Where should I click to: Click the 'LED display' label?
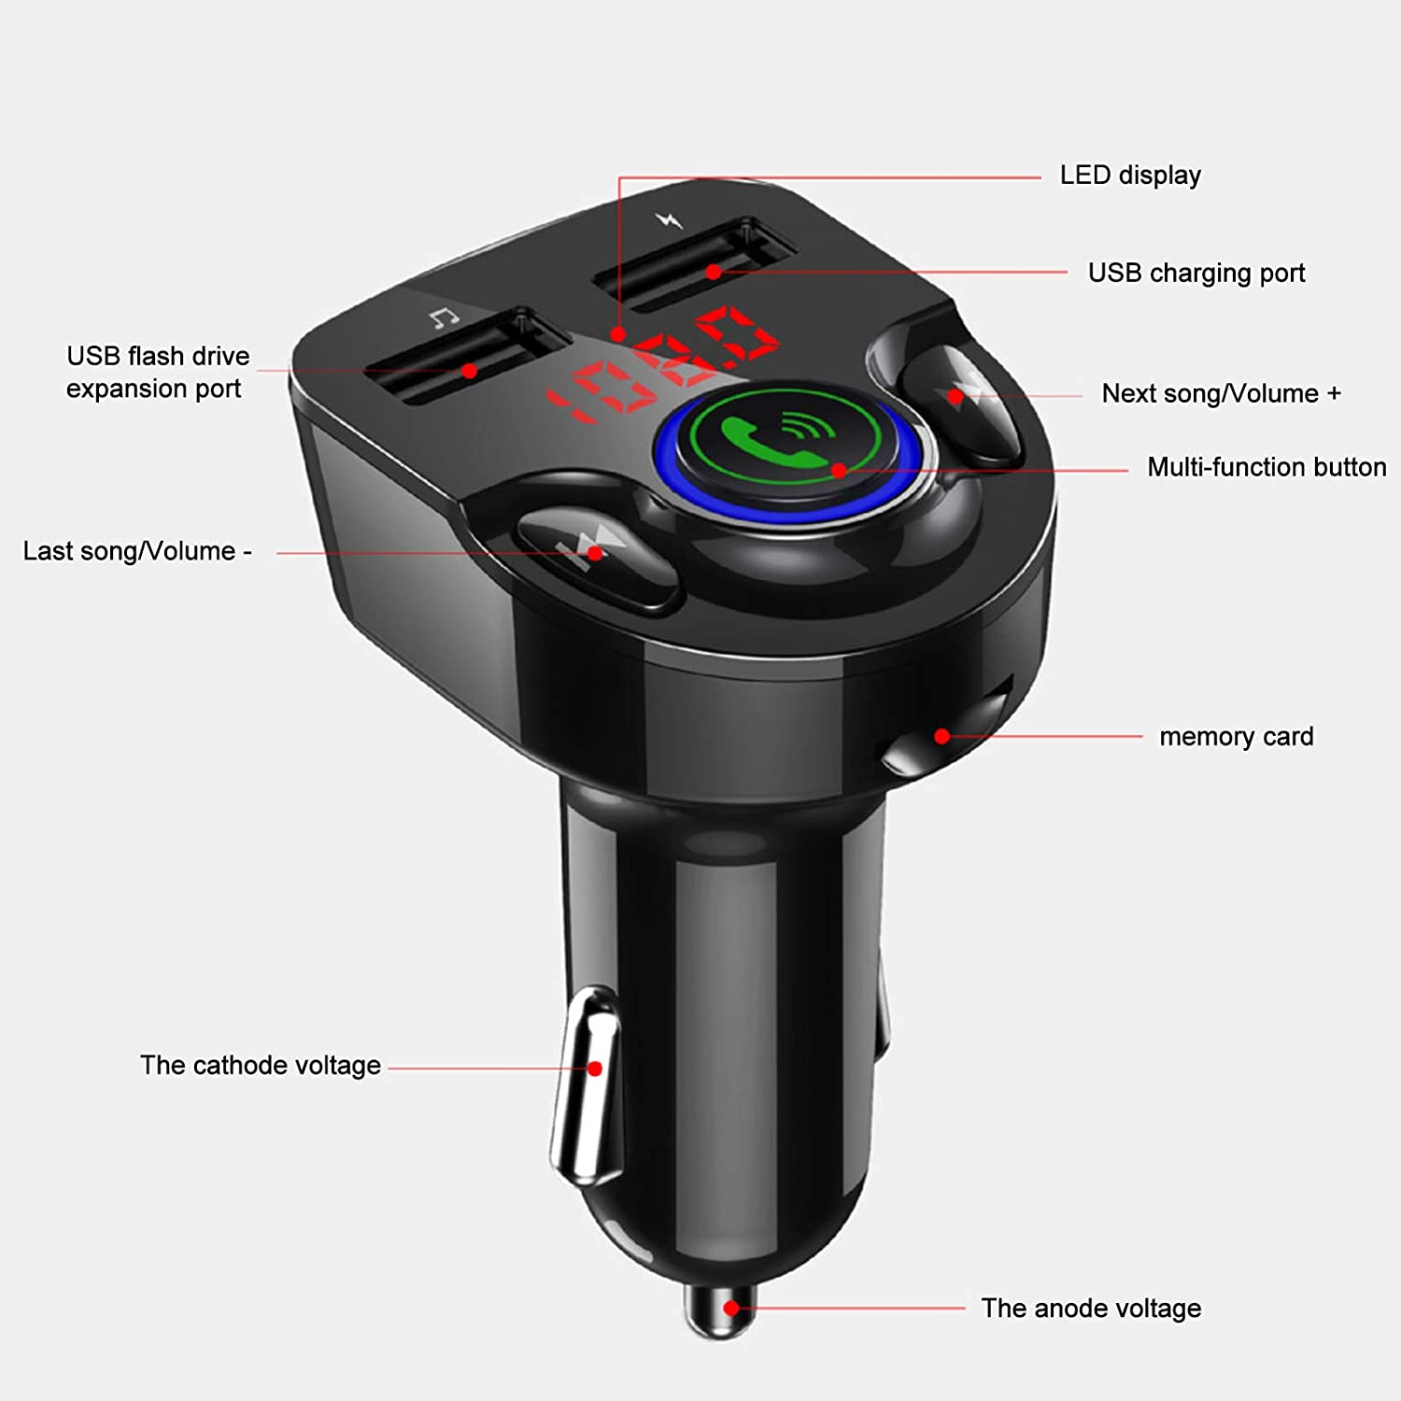1129,176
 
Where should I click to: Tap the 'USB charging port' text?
1196,273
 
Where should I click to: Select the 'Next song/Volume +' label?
1221,393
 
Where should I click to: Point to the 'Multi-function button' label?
1266,467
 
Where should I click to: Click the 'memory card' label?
1236,737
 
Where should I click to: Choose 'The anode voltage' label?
1090,1309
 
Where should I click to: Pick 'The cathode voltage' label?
261,1066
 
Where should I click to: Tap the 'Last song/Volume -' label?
137,551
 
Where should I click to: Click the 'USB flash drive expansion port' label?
157,373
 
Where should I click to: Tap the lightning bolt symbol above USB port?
668,220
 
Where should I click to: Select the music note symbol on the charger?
444,318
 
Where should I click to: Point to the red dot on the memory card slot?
941,737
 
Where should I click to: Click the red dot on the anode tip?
731,1308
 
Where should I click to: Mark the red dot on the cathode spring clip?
594,1068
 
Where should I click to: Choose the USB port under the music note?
467,360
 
